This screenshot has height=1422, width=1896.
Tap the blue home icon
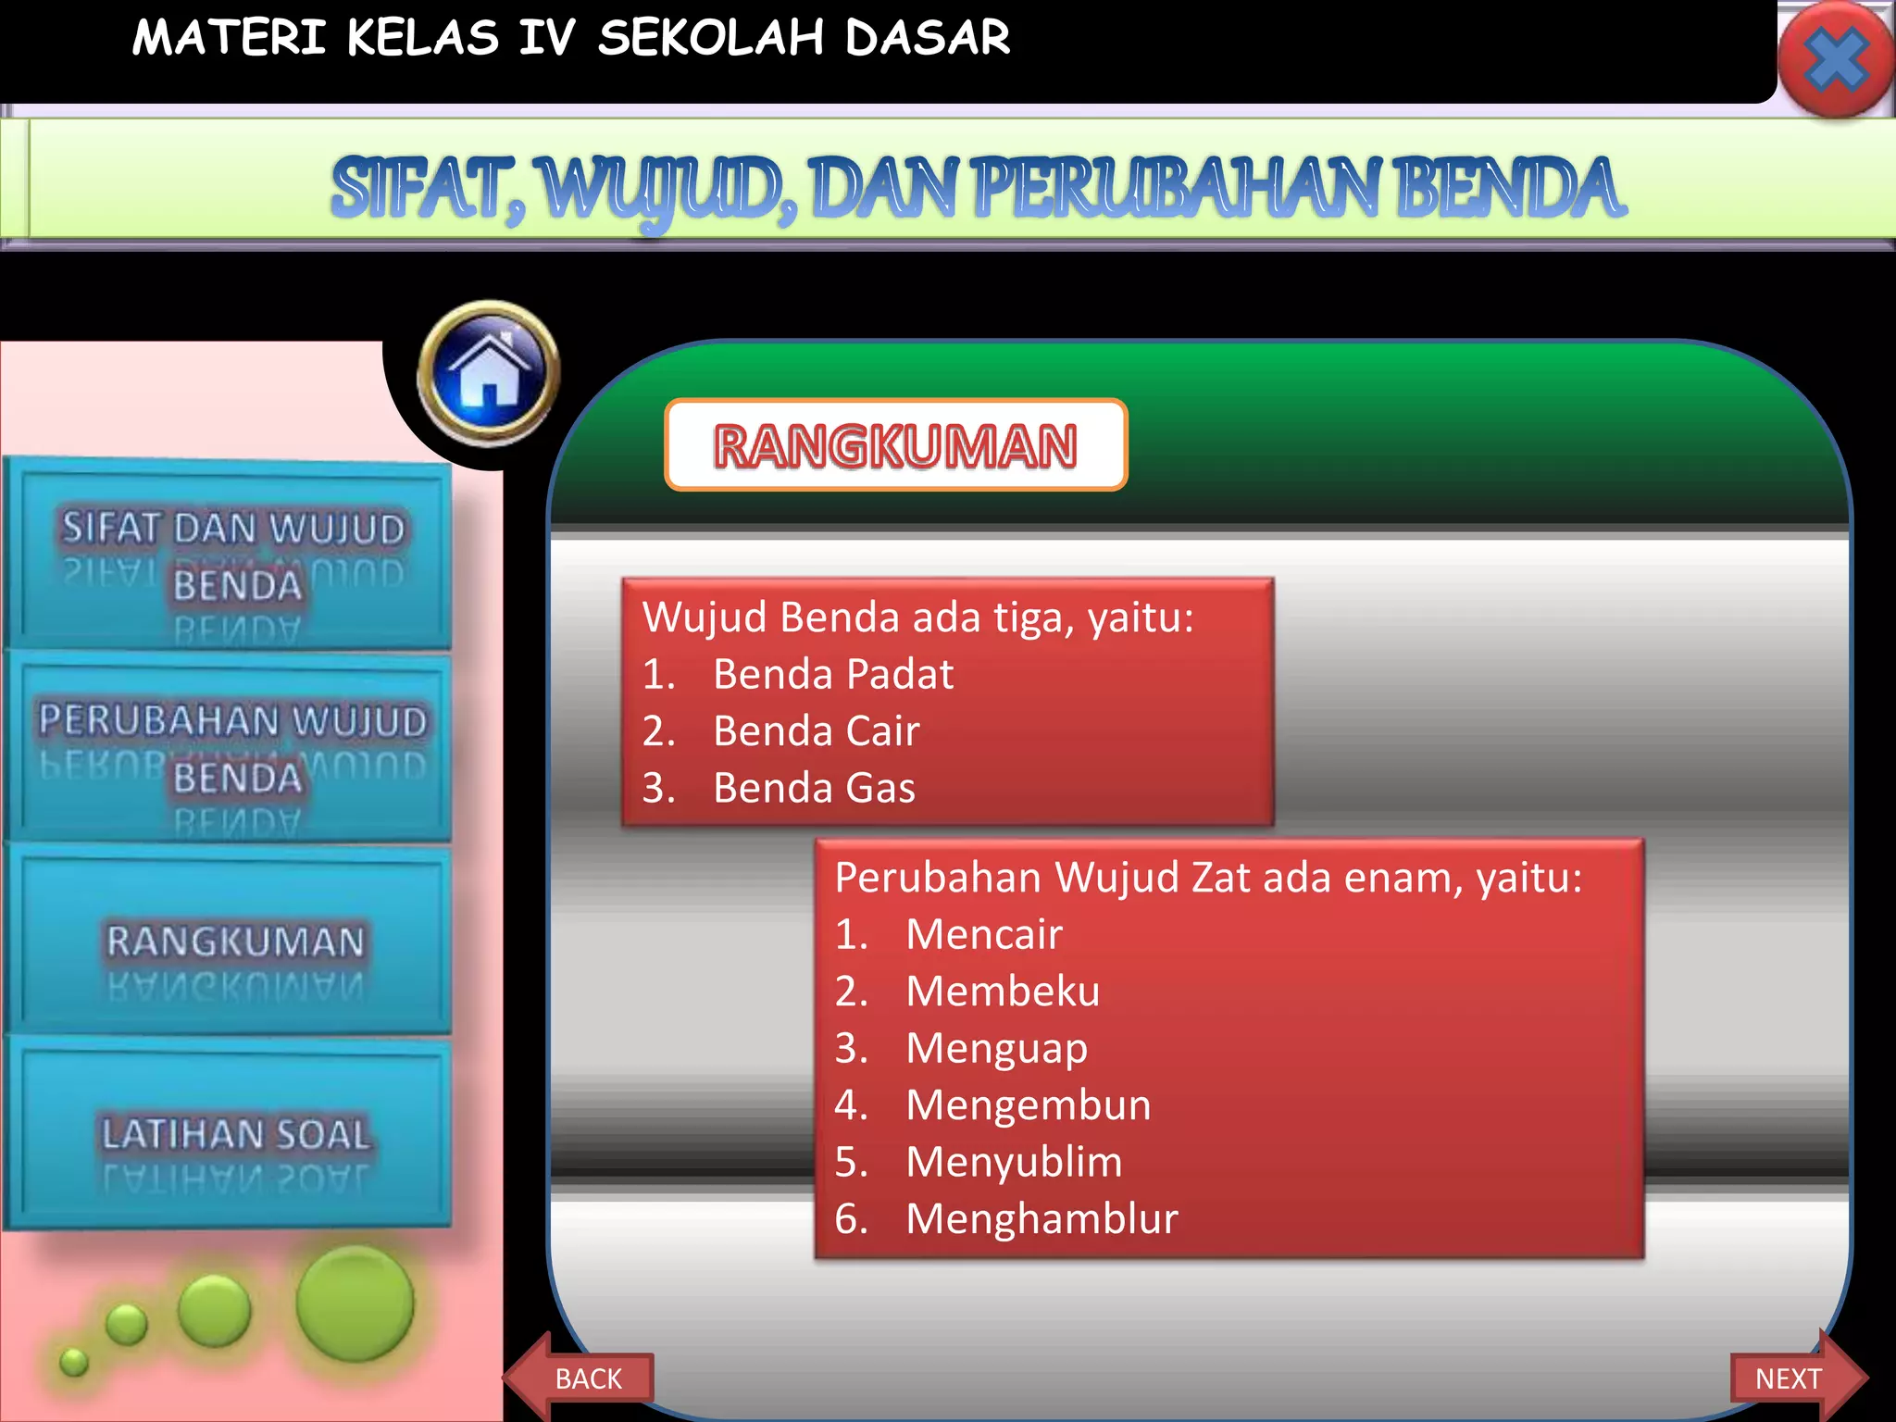tap(489, 374)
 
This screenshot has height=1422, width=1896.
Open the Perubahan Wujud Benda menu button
tap(231, 748)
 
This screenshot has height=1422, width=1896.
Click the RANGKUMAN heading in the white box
tap(895, 445)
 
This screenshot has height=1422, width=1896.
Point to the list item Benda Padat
tap(832, 674)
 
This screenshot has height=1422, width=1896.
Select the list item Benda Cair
tap(816, 731)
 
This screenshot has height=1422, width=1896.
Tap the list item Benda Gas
tap(814, 788)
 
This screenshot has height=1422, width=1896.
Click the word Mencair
tap(983, 934)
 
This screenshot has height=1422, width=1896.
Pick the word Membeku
tap(1003, 992)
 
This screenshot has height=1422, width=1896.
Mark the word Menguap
tap(996, 1049)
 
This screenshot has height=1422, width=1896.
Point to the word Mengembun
tap(1028, 1105)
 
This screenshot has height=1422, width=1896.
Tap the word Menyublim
tap(1014, 1162)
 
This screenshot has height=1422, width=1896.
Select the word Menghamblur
tap(1042, 1219)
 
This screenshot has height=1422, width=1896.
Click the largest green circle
tap(355, 1303)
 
